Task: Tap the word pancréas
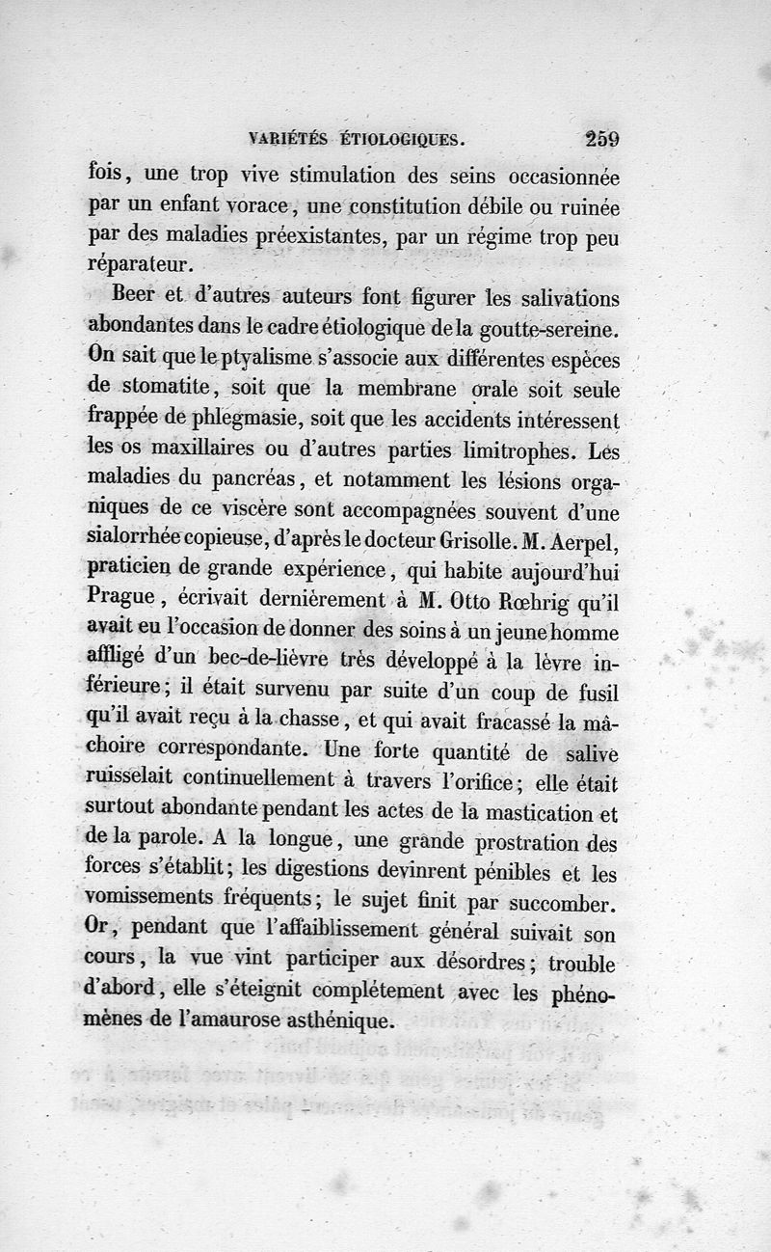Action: pyautogui.click(x=253, y=481)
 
